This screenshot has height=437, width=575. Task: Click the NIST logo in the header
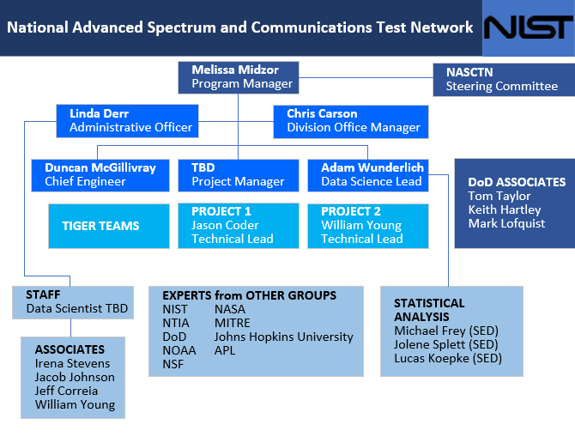[527, 28]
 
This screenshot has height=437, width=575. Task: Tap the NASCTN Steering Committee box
[502, 79]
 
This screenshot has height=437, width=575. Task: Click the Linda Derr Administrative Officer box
[127, 120]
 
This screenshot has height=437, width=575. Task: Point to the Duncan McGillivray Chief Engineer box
[100, 174]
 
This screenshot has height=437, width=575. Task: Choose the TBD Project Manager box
[238, 174]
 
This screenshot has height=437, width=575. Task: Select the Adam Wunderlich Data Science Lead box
[367, 174]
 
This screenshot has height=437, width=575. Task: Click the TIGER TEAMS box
[100, 226]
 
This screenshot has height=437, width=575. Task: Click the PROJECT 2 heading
[350, 211]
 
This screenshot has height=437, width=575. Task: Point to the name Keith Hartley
[505, 209]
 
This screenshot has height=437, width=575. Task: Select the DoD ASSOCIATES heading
[517, 182]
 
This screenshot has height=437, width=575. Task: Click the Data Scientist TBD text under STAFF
[76, 308]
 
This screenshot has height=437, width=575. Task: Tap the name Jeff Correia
[66, 391]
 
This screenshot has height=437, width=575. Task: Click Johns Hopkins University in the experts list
[283, 337]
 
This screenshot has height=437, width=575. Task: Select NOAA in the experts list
[179, 350]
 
